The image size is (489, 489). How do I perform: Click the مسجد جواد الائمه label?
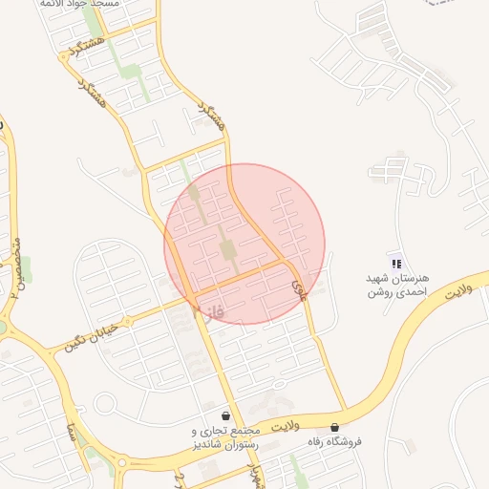click(79, 5)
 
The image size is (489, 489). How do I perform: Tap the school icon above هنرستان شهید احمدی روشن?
click(396, 264)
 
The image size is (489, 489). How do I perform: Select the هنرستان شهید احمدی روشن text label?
click(397, 284)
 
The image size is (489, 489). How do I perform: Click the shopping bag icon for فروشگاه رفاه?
click(334, 427)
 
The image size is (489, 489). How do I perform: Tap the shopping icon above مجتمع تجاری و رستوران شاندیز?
click(225, 416)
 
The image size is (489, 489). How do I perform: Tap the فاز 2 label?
click(206, 312)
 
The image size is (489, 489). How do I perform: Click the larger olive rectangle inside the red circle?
click(229, 250)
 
